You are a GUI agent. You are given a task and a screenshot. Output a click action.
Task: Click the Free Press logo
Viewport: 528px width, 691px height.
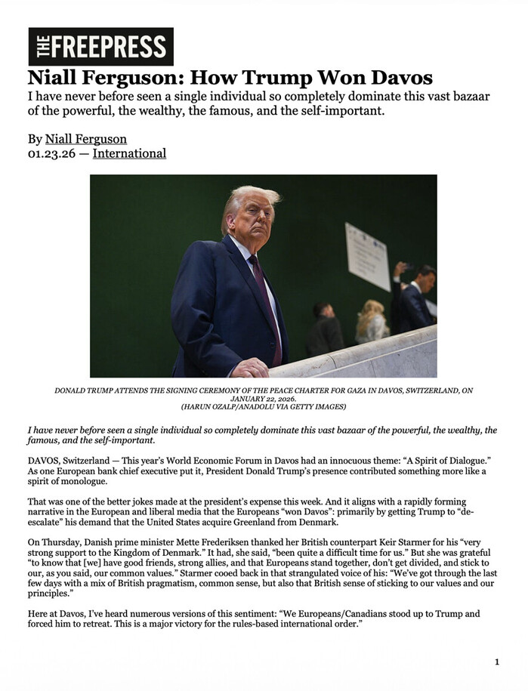click(x=100, y=47)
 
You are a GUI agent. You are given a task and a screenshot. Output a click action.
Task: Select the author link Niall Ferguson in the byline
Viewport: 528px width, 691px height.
click(x=86, y=139)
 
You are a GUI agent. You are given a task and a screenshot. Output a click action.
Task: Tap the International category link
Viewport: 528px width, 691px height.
click(x=129, y=153)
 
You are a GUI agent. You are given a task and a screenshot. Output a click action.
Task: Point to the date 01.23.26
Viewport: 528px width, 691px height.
click(x=52, y=153)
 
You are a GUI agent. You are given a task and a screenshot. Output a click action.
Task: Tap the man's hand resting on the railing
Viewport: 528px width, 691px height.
click(x=250, y=368)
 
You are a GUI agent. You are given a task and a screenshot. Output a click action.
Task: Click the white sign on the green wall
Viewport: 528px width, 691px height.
click(x=368, y=256)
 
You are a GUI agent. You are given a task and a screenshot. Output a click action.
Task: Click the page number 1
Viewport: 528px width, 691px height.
click(x=497, y=662)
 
